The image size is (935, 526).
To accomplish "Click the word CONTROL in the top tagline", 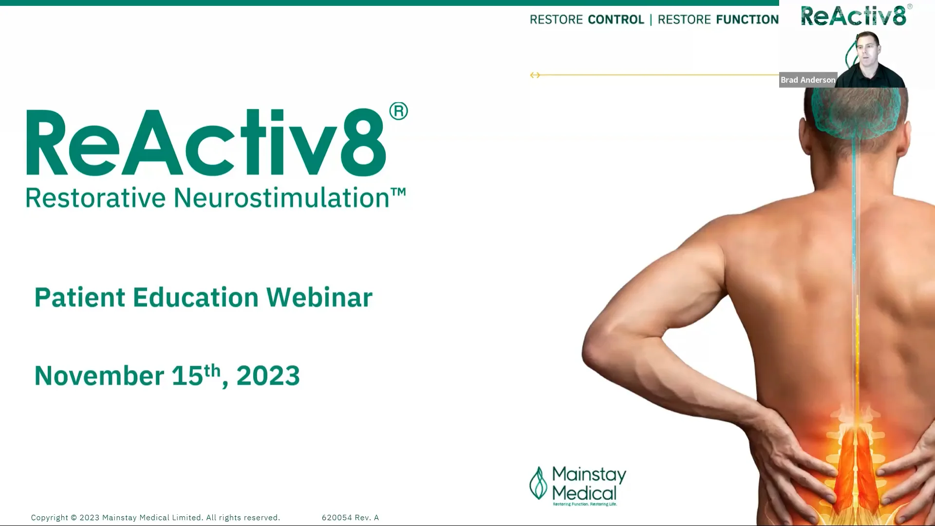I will tap(616, 19).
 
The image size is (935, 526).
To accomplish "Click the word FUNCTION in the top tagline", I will tap(747, 19).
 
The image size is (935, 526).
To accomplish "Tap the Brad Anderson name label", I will tap(807, 80).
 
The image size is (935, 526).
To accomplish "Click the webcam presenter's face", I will tap(867, 49).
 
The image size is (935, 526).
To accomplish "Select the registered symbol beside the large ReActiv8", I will tap(398, 112).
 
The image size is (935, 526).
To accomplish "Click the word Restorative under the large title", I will tap(95, 198).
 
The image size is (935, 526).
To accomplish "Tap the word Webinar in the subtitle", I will tap(319, 298).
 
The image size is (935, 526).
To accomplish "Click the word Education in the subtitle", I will tap(195, 298).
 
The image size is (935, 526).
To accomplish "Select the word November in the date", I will tap(99, 376).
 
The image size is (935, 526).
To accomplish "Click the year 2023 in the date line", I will tap(268, 376).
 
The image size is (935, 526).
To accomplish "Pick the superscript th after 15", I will tap(212, 370).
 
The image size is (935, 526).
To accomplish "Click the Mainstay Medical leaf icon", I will tap(538, 483).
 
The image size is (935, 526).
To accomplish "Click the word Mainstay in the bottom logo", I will tap(589, 474).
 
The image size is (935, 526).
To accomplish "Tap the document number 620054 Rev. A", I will tap(350, 518).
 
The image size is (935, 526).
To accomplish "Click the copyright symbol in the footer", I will tap(74, 518).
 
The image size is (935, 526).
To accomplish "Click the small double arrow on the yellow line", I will tap(535, 75).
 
